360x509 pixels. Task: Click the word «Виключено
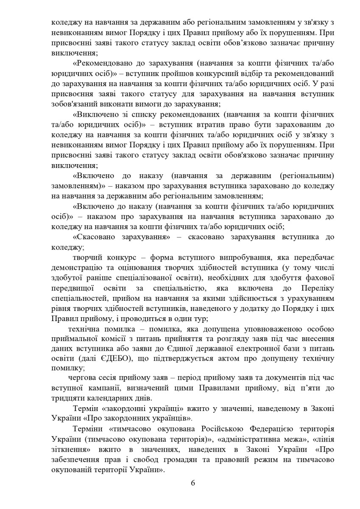92,115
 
